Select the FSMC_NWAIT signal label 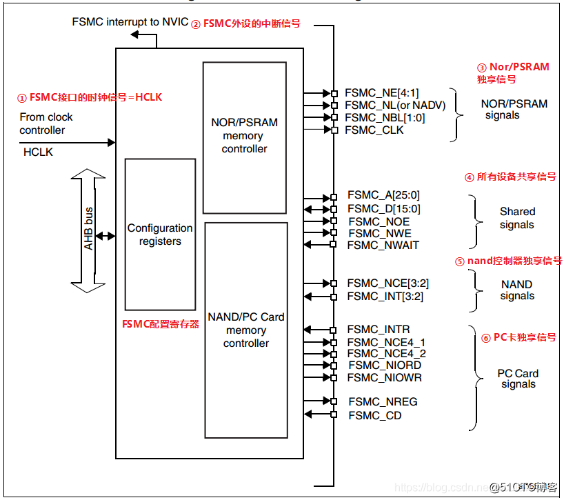click(x=383, y=245)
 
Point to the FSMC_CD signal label click(x=374, y=414)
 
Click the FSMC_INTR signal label click(x=378, y=330)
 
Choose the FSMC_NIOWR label click(x=385, y=377)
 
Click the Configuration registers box click(x=160, y=234)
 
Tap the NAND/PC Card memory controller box click(x=245, y=330)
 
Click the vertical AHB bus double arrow click(x=88, y=231)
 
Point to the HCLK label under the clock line click(x=38, y=151)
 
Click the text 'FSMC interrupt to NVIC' click(x=129, y=22)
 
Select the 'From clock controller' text click(x=46, y=123)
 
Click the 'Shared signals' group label click(x=516, y=218)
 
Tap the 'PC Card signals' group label click(x=518, y=379)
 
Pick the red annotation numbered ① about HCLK click(x=89, y=97)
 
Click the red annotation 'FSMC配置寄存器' click(x=161, y=323)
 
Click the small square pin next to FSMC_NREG click(x=334, y=401)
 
